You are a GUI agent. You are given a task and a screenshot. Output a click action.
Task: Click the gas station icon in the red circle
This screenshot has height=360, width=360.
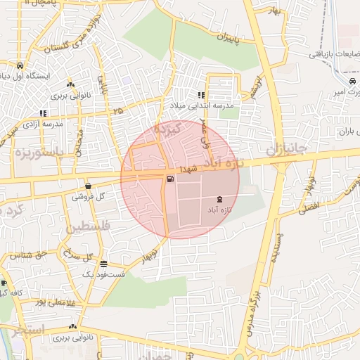(171, 179)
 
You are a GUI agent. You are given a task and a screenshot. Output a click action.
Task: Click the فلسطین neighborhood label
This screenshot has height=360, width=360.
(88, 229)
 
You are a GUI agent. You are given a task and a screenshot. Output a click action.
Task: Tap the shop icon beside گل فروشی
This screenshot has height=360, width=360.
(88, 186)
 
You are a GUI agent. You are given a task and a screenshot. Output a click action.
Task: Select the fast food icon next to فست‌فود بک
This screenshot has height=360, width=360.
(104, 264)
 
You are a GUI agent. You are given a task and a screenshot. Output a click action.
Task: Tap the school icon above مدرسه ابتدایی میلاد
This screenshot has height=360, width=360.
(201, 95)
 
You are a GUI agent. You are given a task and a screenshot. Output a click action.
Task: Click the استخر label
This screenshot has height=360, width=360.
(28, 330)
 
